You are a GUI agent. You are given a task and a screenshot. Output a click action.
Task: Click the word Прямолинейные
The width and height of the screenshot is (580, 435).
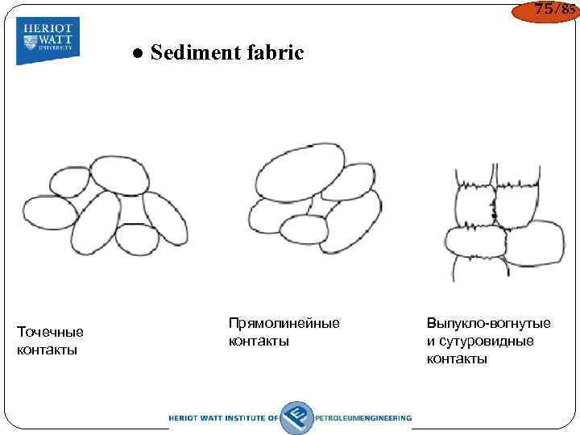point(284,323)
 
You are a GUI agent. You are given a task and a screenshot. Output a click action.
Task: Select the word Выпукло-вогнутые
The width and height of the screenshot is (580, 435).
point(488,323)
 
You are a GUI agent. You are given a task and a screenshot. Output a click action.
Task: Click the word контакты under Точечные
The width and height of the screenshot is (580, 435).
point(47,350)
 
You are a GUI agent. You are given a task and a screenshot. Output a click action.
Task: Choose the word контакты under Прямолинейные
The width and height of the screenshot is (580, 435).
point(259,341)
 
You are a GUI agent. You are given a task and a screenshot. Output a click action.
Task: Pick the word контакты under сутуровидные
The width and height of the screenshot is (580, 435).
point(457,358)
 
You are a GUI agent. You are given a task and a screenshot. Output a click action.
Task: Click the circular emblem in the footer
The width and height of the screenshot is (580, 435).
point(296,416)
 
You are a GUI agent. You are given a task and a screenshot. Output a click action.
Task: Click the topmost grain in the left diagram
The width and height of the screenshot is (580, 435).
point(119,175)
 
